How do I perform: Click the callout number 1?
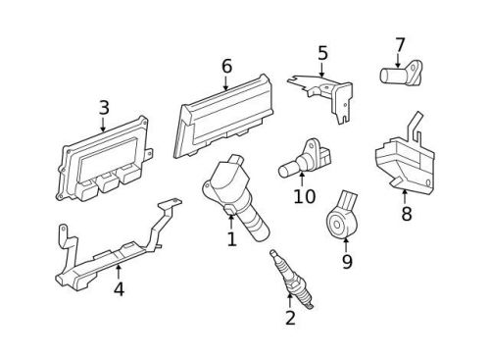(x=232, y=238)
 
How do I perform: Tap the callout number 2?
(x=290, y=317)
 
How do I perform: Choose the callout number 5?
(x=322, y=53)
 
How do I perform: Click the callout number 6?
(x=226, y=66)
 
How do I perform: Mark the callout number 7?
(x=400, y=44)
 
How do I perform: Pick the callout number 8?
(x=406, y=214)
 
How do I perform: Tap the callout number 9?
(x=346, y=262)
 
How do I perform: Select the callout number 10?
(x=304, y=196)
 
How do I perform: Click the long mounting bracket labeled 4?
(x=113, y=257)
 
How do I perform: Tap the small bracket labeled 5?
(x=324, y=89)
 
